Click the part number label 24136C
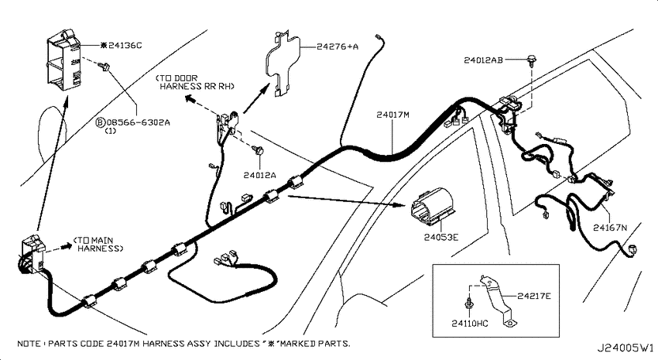(125, 46)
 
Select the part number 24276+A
(338, 46)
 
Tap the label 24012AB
(483, 60)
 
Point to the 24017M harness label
(392, 115)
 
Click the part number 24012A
(260, 176)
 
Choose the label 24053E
(441, 238)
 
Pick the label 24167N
(610, 228)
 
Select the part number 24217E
(534, 297)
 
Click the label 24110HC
(470, 324)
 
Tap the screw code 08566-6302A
(138, 123)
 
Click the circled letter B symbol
(100, 123)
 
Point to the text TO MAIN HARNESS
(98, 245)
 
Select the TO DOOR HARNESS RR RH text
(195, 82)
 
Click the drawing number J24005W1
(625, 348)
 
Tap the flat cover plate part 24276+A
(283, 63)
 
